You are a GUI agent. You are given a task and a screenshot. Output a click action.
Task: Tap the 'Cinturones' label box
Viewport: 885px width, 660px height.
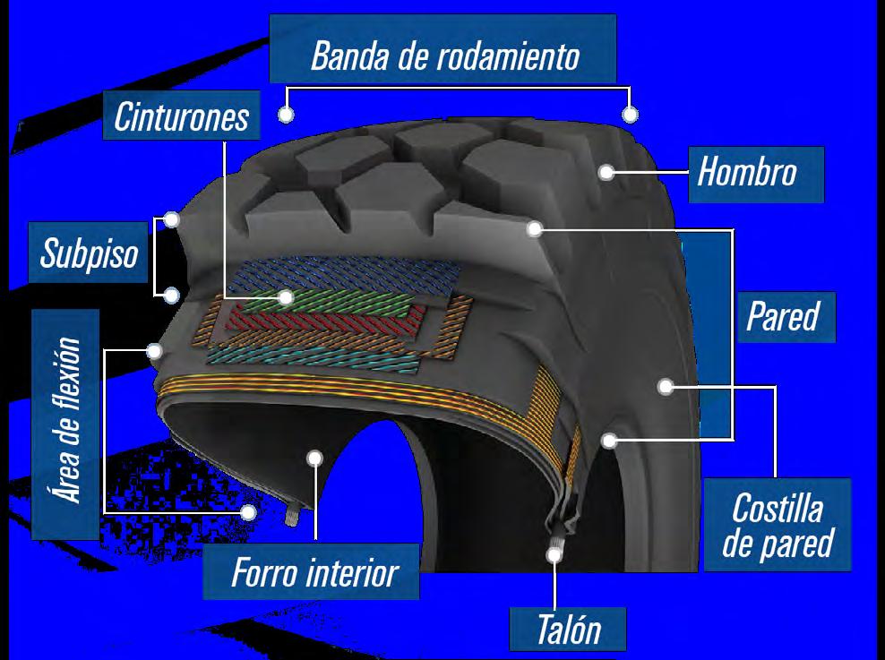(181, 116)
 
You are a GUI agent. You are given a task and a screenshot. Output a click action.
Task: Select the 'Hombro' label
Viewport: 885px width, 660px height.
(746, 171)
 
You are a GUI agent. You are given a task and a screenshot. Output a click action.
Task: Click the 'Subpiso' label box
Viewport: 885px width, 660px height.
(90, 253)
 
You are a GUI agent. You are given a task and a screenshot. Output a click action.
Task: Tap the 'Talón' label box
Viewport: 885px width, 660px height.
(568, 630)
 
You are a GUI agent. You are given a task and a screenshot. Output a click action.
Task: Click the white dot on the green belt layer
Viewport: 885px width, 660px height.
(287, 297)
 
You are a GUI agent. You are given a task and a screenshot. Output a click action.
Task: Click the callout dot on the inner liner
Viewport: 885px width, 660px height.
(314, 458)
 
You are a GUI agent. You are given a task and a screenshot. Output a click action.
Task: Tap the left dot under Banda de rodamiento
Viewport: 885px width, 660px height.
(287, 115)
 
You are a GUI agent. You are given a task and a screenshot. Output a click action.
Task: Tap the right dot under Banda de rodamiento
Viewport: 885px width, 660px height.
(631, 115)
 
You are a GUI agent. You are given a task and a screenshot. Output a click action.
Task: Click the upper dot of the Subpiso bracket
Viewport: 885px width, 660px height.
(173, 218)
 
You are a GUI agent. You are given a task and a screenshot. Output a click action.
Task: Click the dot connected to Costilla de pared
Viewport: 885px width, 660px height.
(665, 387)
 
